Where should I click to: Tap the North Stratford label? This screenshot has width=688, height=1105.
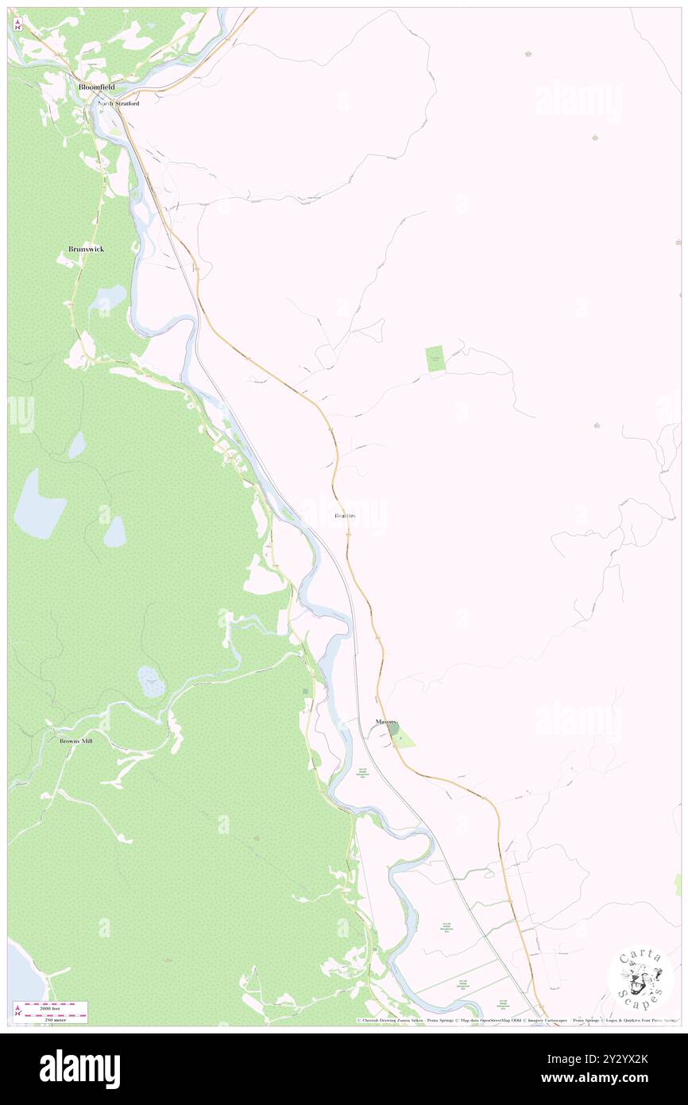118,103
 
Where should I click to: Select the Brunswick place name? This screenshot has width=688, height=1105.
86,249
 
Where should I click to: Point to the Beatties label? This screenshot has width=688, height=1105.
345,516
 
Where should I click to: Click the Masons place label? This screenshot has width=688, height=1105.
387,722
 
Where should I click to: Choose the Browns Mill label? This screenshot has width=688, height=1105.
76,741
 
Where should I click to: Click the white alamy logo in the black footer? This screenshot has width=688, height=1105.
79,1068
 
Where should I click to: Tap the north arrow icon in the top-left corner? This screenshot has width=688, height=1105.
17,25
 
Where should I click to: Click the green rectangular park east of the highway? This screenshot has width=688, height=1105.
435,359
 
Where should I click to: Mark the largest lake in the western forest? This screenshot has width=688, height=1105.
37,506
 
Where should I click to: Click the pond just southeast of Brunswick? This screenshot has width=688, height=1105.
108,300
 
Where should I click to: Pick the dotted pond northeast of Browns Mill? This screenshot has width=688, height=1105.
151,681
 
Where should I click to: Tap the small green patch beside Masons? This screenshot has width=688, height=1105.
404,739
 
